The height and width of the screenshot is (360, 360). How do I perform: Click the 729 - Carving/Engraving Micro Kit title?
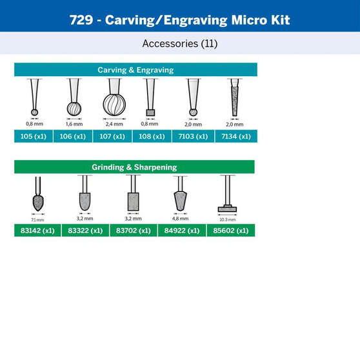click(179, 19)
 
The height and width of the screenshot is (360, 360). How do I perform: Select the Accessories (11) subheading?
click(179, 44)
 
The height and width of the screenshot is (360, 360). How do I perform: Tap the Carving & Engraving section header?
click(135, 70)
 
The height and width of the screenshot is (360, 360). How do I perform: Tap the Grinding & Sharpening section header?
click(134, 167)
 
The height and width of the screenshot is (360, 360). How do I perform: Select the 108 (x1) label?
click(150, 136)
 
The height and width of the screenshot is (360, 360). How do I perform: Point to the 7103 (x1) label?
click(193, 136)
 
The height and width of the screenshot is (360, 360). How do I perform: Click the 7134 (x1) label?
click(235, 136)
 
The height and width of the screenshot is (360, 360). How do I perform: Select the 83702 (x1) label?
click(134, 230)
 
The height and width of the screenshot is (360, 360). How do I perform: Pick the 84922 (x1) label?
click(181, 230)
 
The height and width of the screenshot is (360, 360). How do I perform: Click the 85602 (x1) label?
click(230, 230)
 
